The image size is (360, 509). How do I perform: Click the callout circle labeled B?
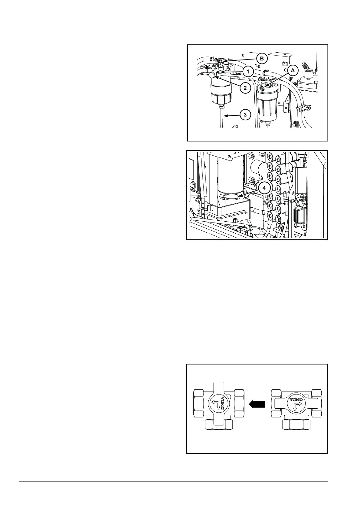[x=262, y=59]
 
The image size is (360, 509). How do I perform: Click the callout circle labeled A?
[x=292, y=71]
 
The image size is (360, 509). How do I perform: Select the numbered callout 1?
[x=248, y=72]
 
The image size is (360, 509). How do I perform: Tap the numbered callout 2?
[x=245, y=88]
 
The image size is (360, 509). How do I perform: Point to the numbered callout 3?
[x=245, y=115]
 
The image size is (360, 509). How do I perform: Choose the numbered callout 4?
[x=264, y=188]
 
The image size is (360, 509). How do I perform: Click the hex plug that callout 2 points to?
[x=214, y=75]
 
